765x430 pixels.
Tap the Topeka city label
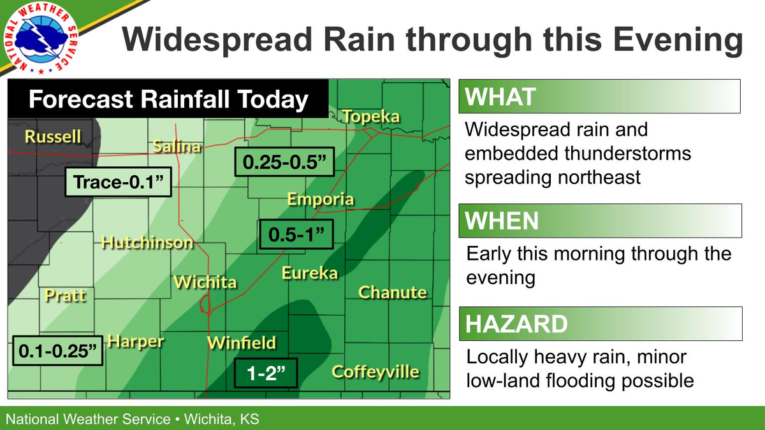click(x=371, y=117)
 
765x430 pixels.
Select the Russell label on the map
click(x=53, y=136)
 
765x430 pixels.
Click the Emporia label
click(x=320, y=199)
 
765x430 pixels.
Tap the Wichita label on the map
click(x=205, y=282)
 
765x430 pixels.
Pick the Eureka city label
click(x=309, y=273)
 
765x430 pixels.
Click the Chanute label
click(x=392, y=292)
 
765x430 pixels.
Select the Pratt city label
click(x=65, y=296)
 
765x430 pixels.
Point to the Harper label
click(x=135, y=341)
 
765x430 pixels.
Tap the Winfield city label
click(x=242, y=343)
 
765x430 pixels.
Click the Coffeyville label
click(x=375, y=371)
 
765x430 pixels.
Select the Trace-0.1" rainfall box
click(x=119, y=183)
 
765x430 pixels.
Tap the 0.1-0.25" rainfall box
click(x=57, y=350)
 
